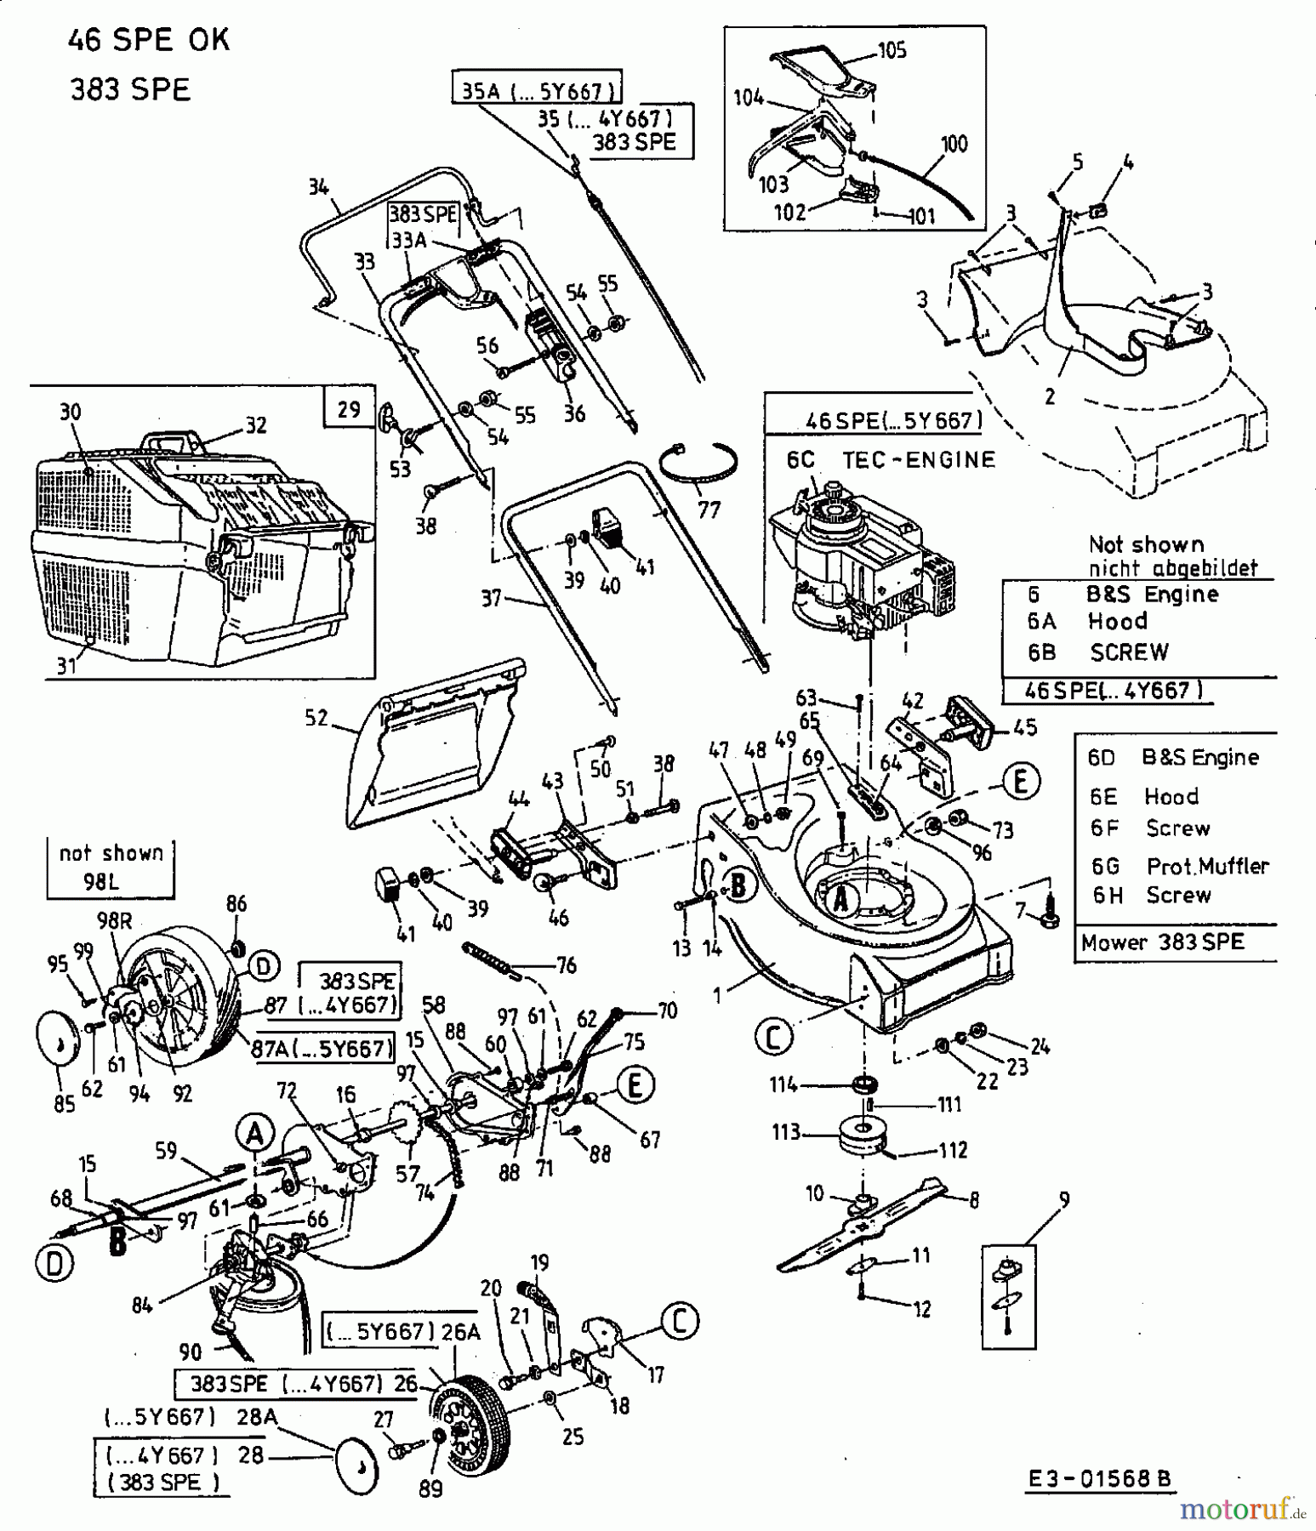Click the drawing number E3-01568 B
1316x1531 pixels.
tap(1098, 1480)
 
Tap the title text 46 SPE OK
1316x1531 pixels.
tap(149, 40)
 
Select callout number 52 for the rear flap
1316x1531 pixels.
tap(316, 719)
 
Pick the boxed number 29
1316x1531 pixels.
tap(349, 409)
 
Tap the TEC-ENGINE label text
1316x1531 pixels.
tap(918, 460)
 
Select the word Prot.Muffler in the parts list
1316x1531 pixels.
tap(1207, 866)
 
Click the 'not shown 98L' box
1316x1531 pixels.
tap(111, 868)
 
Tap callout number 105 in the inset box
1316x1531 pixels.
tap(892, 50)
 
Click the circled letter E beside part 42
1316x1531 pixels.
tap(1020, 781)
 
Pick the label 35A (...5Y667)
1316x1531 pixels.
tap(536, 90)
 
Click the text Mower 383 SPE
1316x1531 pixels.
tap(1162, 942)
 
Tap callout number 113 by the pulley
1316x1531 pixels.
tap(785, 1132)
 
